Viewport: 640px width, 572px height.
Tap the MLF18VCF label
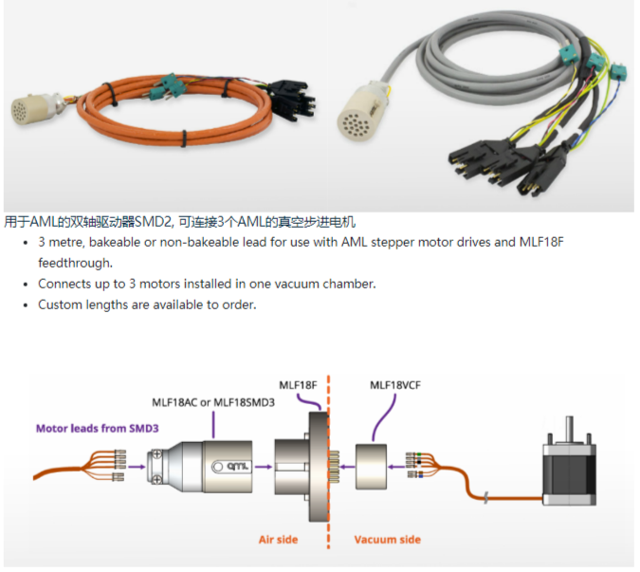(x=396, y=385)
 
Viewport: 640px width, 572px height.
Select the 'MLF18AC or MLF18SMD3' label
(x=213, y=402)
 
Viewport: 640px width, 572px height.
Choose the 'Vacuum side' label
(x=387, y=540)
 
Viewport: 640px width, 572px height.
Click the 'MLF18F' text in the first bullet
(x=541, y=242)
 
